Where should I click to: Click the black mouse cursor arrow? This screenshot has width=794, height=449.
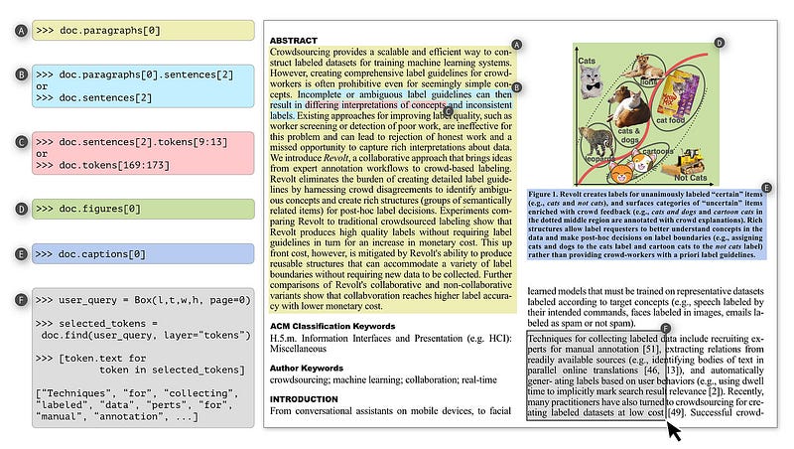pyautogui.click(x=676, y=431)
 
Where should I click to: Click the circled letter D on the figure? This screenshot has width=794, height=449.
pyautogui.click(x=719, y=44)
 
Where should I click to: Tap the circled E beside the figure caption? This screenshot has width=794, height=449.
pyautogui.click(x=766, y=187)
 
